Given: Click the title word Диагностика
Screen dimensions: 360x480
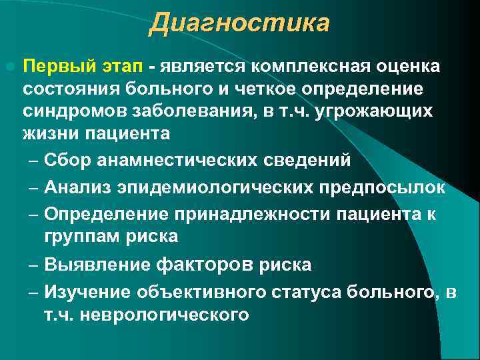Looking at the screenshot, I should coord(239,24).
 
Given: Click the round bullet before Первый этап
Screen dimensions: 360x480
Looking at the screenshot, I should coord(9,67).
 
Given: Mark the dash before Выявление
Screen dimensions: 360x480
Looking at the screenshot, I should coord(33,265).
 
